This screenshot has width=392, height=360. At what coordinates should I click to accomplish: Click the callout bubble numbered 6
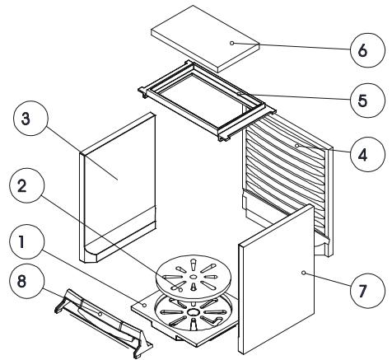[367, 50]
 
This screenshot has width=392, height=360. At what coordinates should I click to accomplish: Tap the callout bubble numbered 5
[367, 101]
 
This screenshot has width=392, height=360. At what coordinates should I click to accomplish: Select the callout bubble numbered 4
[367, 155]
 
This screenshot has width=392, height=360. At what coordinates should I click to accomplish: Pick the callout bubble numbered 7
[367, 291]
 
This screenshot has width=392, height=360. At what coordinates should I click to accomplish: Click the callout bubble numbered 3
[30, 119]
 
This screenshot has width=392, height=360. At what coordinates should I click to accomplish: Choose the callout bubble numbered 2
[26, 185]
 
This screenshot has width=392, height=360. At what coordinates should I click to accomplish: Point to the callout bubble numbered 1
[26, 241]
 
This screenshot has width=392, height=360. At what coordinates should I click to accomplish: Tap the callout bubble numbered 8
[26, 281]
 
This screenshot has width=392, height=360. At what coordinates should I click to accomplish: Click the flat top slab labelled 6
[205, 39]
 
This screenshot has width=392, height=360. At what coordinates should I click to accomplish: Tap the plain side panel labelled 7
[277, 278]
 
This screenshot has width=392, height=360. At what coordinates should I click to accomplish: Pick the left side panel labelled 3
[118, 188]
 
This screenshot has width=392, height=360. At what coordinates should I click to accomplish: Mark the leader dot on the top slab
[232, 43]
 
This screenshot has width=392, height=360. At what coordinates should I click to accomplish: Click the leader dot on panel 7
[303, 273]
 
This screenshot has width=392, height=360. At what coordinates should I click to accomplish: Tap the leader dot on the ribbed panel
[296, 146]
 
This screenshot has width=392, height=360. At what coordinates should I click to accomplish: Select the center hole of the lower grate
[194, 312]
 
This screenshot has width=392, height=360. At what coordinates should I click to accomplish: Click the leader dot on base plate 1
[144, 305]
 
